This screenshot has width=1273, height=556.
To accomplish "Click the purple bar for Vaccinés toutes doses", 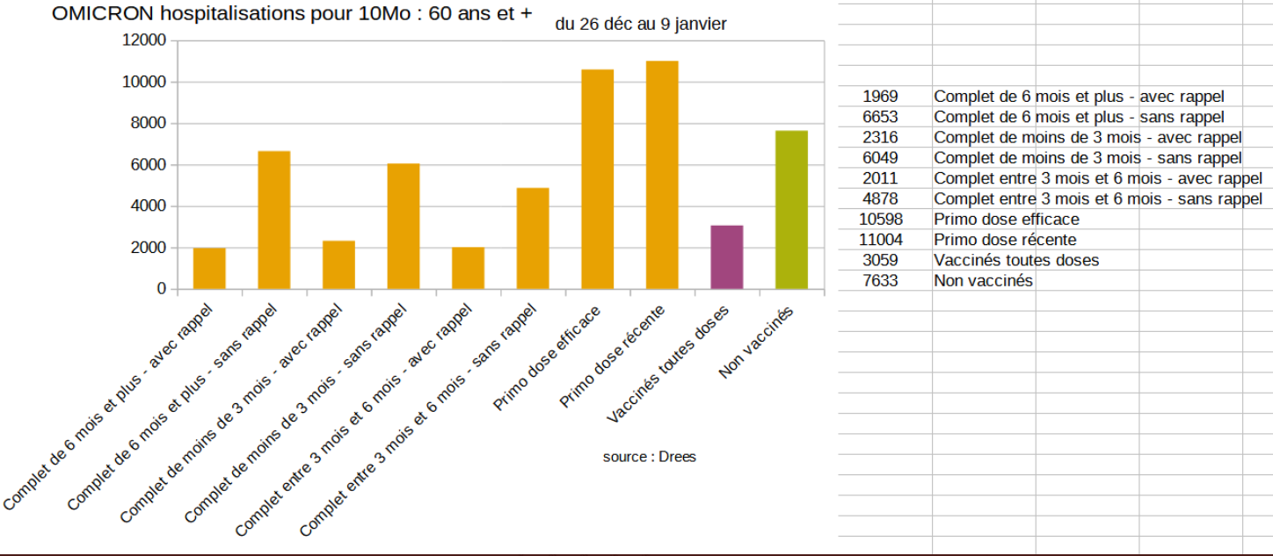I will (x=726, y=257).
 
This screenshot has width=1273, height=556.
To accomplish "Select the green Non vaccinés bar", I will (x=791, y=210).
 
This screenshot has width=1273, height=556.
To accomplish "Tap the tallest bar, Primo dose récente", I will (x=662, y=175).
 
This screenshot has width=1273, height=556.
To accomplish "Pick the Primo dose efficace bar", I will (x=597, y=179).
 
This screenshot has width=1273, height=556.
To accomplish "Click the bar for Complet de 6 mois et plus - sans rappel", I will (x=273, y=220).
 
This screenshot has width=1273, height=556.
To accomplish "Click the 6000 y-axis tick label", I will (x=148, y=165).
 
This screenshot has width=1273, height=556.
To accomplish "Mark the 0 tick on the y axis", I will (x=161, y=289).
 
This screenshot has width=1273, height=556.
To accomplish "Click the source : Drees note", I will (x=649, y=457).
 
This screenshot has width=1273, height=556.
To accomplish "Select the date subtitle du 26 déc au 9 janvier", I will (x=641, y=25).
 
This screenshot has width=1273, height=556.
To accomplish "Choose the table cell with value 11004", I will (x=880, y=240).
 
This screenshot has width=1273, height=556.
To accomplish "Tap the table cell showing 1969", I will (x=880, y=97).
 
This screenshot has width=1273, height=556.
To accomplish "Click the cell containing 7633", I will (x=880, y=281).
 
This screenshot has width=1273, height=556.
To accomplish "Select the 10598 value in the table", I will (x=880, y=220).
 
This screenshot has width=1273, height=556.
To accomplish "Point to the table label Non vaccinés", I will (x=983, y=281).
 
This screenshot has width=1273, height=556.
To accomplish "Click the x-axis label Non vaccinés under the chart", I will (x=757, y=343).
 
